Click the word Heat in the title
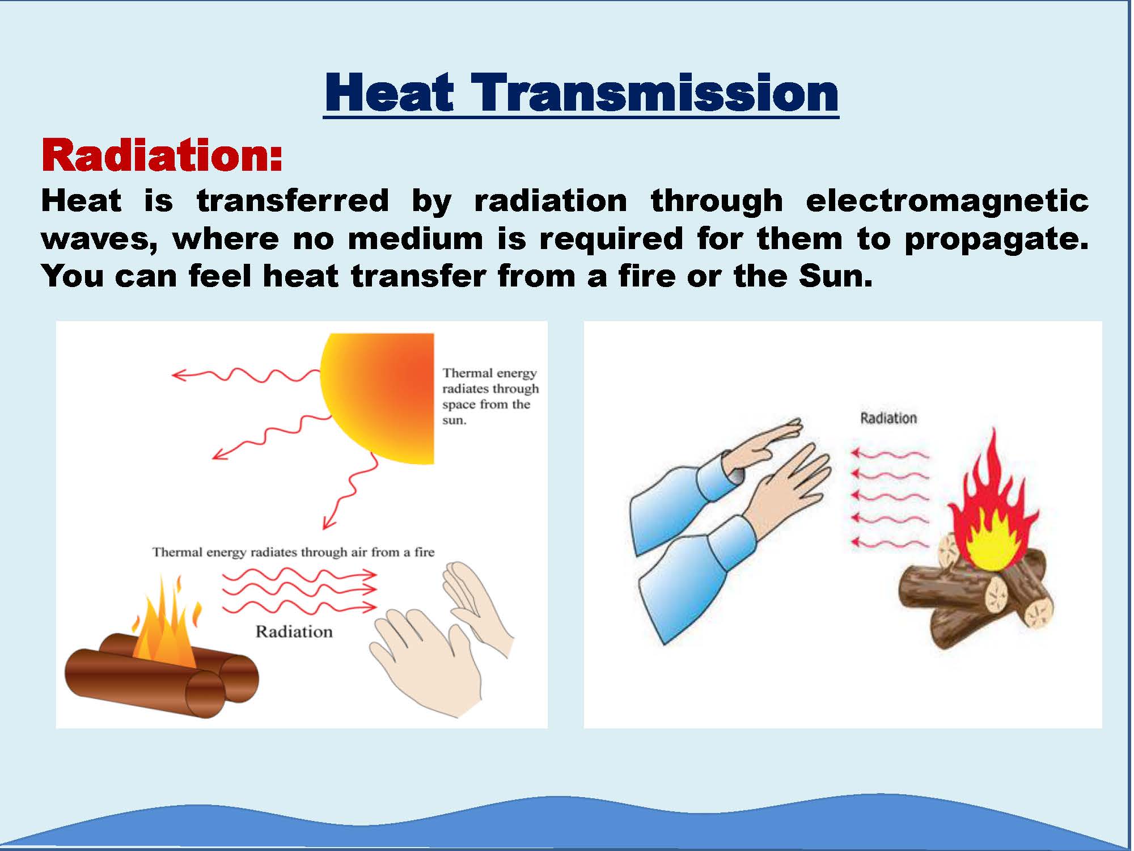[390, 92]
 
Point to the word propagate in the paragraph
[996, 239]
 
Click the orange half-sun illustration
[378, 398]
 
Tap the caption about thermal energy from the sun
[490, 397]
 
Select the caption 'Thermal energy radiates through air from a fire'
[293, 552]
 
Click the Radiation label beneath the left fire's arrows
[294, 631]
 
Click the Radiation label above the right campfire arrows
[888, 418]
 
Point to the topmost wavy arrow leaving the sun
[246, 374]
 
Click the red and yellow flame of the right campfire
[992, 505]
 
